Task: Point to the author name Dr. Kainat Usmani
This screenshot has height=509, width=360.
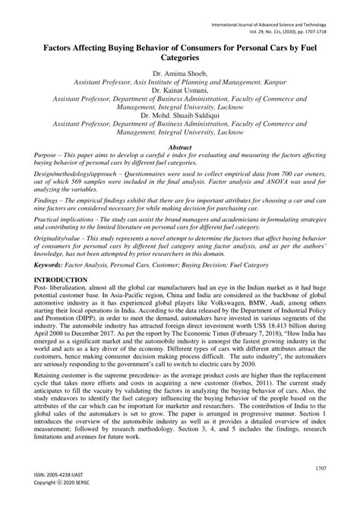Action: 179,87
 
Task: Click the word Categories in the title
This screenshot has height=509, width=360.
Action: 179,56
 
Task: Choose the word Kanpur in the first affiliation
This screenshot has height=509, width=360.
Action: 270,78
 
